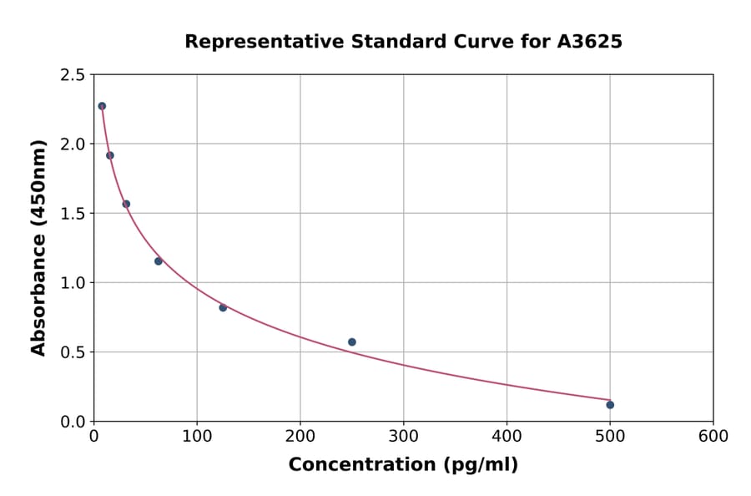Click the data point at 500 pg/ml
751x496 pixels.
(x=610, y=405)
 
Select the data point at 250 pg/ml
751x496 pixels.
(x=352, y=342)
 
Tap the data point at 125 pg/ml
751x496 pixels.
(x=223, y=307)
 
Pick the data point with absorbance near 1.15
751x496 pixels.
(x=159, y=261)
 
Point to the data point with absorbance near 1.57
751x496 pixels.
(x=126, y=204)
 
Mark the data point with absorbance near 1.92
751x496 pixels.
(x=110, y=155)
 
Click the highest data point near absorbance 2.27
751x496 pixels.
(x=102, y=106)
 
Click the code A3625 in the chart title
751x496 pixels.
(x=589, y=42)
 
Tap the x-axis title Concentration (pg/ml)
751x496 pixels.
(x=403, y=465)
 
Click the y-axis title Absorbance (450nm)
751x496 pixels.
(x=38, y=247)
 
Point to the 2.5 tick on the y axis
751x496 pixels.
(x=73, y=75)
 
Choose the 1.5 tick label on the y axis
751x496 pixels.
(x=73, y=214)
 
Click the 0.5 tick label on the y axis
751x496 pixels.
(x=73, y=352)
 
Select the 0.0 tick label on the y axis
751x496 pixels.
(x=73, y=422)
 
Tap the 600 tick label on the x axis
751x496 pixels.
(x=713, y=437)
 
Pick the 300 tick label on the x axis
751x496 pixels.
(x=404, y=437)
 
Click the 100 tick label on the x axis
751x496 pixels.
(x=197, y=437)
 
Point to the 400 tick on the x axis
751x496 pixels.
(x=507, y=437)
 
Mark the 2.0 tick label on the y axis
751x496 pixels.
(x=73, y=144)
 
